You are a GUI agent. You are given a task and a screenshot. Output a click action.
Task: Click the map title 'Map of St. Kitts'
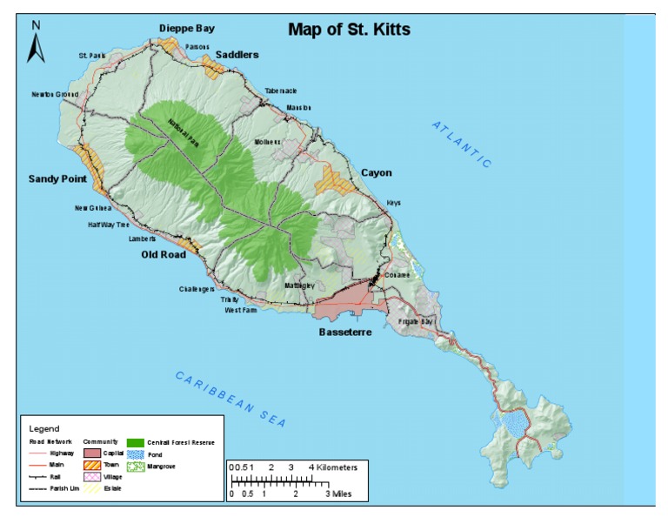pyautogui.click(x=349, y=30)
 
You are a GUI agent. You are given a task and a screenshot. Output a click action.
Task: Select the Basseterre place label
pyautogui.click(x=345, y=332)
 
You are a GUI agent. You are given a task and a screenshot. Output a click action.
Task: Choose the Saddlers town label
pyautogui.click(x=237, y=55)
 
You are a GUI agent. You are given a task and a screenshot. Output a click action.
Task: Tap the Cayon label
pyautogui.click(x=376, y=172)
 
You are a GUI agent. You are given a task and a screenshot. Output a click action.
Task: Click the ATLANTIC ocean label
pyautogui.click(x=462, y=144)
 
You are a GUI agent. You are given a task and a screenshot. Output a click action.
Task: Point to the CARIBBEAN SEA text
pyautogui.click(x=230, y=398)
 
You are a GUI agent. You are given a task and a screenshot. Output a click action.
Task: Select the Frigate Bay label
pyautogui.click(x=415, y=322)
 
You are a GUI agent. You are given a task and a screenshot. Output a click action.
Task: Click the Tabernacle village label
pyautogui.click(x=281, y=91)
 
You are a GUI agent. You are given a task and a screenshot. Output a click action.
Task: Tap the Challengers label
pyautogui.click(x=197, y=289)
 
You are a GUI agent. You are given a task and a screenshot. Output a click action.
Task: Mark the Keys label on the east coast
pyautogui.click(x=394, y=203)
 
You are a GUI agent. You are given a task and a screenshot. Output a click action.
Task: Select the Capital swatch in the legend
pyautogui.click(x=92, y=453)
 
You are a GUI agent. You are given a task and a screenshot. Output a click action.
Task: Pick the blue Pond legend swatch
pyautogui.click(x=135, y=453)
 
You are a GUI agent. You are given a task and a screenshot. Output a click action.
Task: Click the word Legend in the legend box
pyautogui.click(x=44, y=428)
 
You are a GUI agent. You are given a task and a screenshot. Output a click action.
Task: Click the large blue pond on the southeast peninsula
pyautogui.click(x=515, y=425)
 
